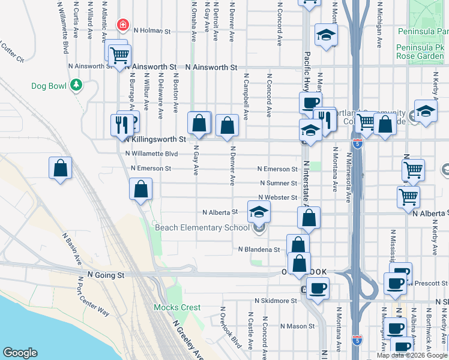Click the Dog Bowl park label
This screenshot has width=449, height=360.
pyautogui.click(x=49, y=86)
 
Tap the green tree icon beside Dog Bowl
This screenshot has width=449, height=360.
pyautogui.click(x=76, y=85)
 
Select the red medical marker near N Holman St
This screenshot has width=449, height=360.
pyautogui.click(x=122, y=25)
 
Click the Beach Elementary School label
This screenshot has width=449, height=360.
pyautogui.click(x=202, y=227)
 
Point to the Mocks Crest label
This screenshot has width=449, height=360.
pyautogui.click(x=177, y=307)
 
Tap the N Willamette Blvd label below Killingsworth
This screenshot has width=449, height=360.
pyautogui.click(x=152, y=154)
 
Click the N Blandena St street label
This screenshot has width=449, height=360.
pyautogui.click(x=259, y=249)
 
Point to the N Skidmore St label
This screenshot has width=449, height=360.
pyautogui.click(x=276, y=300)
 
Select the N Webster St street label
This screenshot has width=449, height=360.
pyautogui.click(x=277, y=197)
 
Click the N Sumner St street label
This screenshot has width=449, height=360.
pyautogui.click(x=278, y=183)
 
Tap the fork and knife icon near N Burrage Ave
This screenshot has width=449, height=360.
pyautogui.click(x=122, y=125)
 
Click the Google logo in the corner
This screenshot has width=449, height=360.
pyautogui.click(x=20, y=353)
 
